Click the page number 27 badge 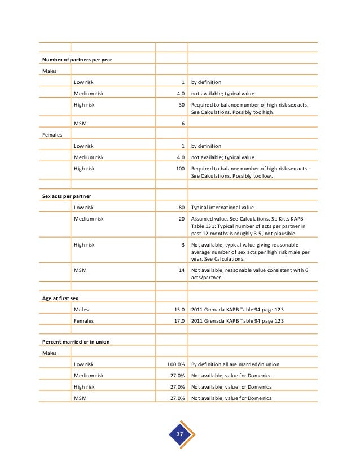pos(180,434)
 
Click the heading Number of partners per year pos(77,60)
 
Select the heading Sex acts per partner pos(67,196)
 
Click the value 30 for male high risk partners pos(181,104)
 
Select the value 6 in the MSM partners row pos(183,124)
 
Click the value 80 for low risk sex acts pos(181,207)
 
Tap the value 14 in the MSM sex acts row pos(181,270)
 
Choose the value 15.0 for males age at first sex pos(179,310)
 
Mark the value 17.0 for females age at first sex pos(179,321)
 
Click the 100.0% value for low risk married pos(175,365)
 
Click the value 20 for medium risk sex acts pos(181,218)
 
